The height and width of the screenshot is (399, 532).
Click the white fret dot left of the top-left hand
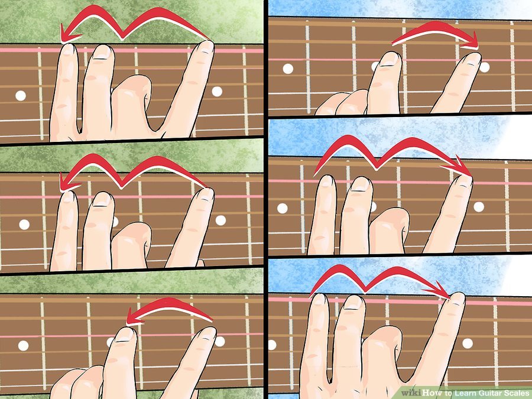click(x=20, y=96)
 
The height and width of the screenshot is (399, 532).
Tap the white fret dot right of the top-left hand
click(x=217, y=91)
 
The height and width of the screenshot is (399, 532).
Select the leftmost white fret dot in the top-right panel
click(x=288, y=69)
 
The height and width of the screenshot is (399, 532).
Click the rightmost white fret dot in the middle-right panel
click(x=479, y=207)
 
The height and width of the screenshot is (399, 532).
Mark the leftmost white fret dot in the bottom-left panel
click(x=23, y=346)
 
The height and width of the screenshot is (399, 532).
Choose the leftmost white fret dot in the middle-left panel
click(x=24, y=224)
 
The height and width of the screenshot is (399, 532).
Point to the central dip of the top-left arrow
click(x=123, y=37)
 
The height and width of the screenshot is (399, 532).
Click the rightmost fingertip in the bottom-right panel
click(x=458, y=298)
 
